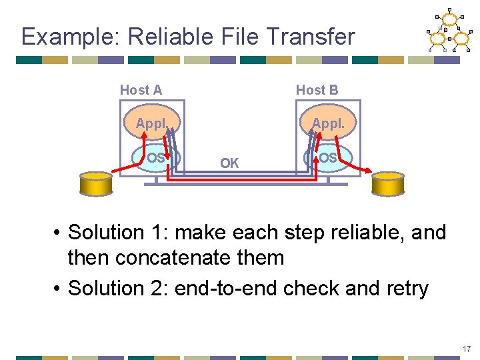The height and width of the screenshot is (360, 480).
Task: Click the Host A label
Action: point(141,90)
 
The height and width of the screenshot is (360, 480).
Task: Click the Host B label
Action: point(317,90)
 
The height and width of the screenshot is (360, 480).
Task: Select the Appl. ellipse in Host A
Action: point(151,123)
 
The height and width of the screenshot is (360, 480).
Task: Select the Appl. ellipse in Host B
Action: point(328,123)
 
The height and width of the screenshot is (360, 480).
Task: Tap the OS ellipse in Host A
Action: point(155,158)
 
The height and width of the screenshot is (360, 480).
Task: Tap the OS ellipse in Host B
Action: point(327,158)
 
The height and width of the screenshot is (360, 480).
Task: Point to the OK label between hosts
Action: point(229,163)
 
